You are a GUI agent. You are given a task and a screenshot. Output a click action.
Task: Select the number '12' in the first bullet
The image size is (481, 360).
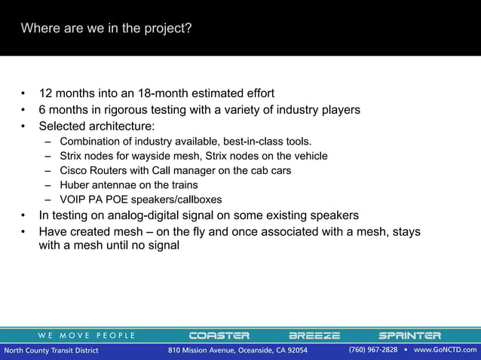(x=45, y=94)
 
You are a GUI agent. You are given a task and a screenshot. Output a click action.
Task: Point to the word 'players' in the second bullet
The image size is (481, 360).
(x=339, y=110)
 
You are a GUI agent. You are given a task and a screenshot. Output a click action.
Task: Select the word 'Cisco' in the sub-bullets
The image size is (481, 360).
(x=74, y=171)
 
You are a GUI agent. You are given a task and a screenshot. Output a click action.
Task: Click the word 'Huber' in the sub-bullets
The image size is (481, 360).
(x=75, y=185)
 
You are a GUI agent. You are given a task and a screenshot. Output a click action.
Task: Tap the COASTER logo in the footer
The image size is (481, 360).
(x=219, y=335)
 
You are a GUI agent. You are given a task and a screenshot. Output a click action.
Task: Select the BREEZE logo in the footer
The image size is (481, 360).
(x=314, y=335)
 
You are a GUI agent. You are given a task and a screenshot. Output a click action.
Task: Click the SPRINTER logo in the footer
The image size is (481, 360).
(x=409, y=335)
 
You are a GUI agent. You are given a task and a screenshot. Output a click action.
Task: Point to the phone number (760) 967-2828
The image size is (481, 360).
(x=372, y=350)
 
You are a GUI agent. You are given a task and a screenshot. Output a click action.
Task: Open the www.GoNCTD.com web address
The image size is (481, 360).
(x=446, y=350)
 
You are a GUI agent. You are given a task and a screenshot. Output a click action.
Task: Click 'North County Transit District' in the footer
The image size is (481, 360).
(x=51, y=350)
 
